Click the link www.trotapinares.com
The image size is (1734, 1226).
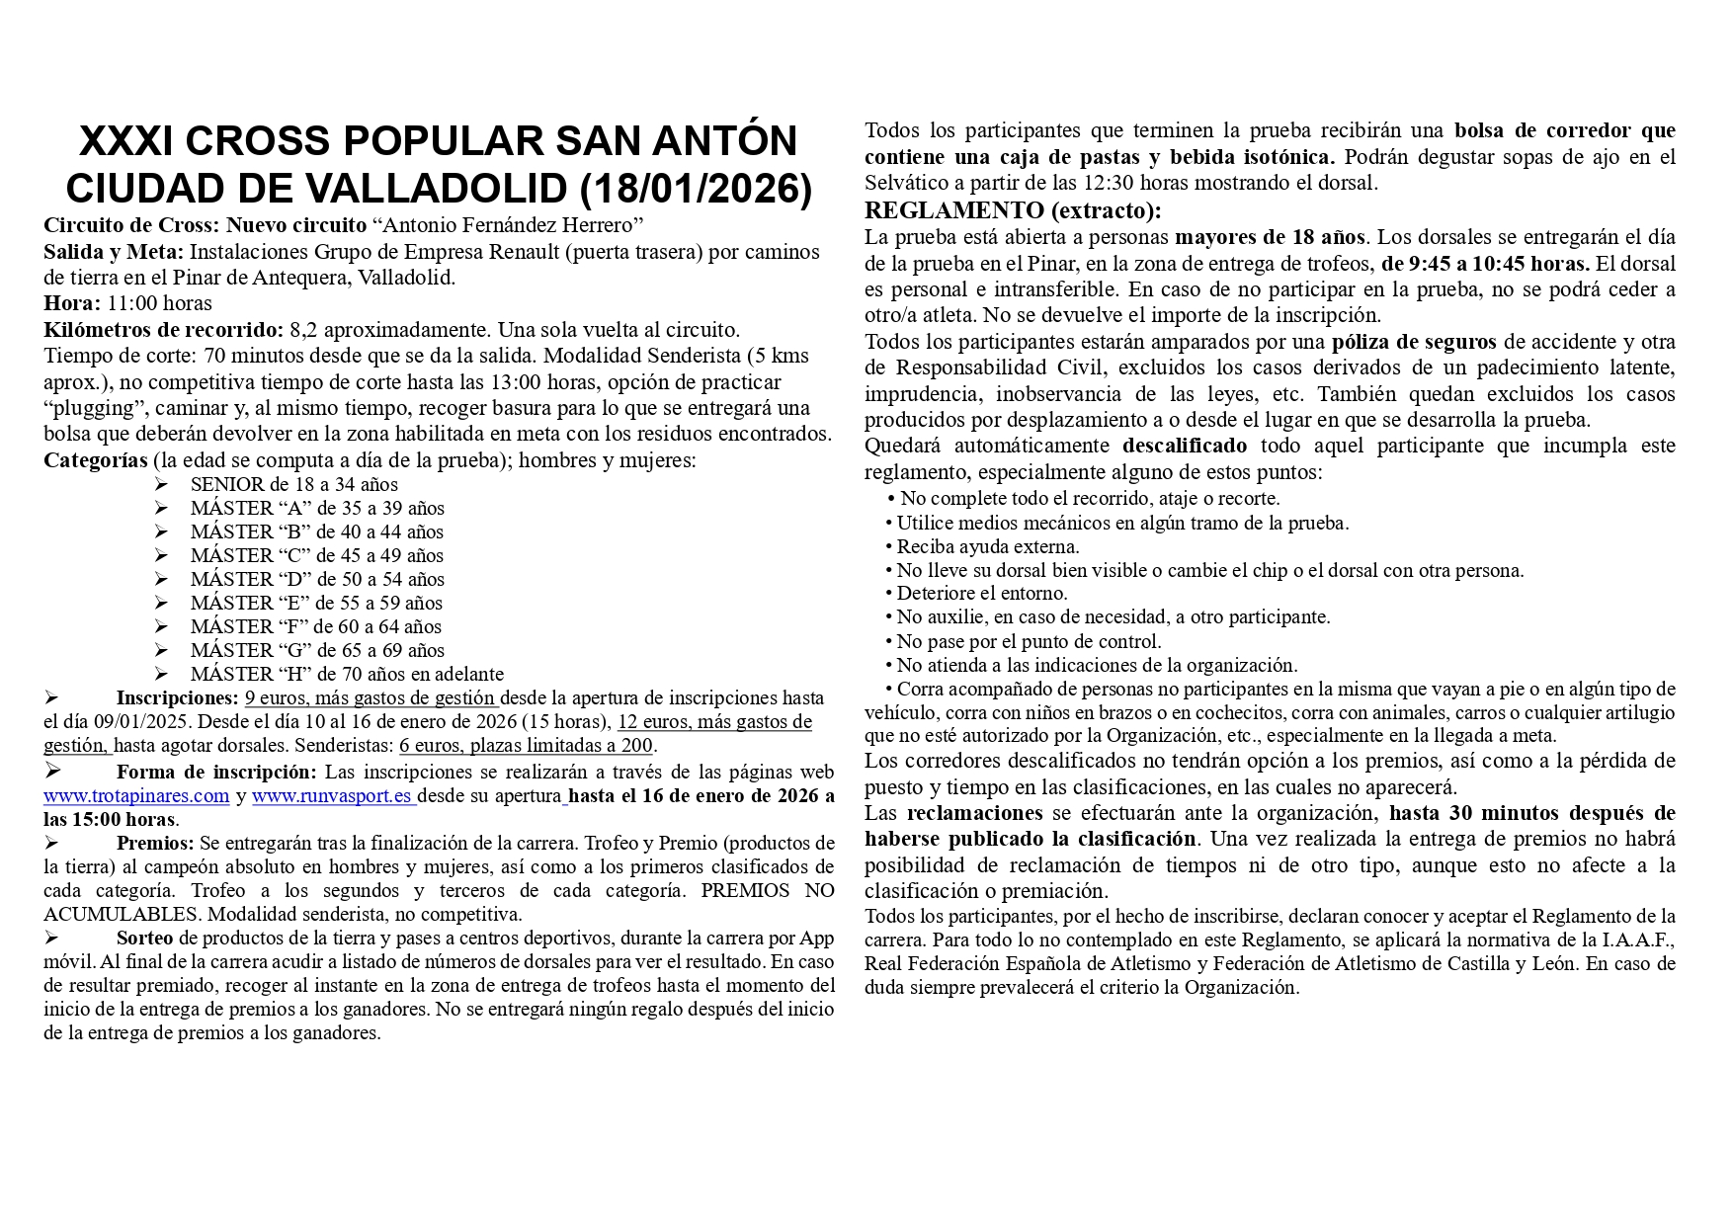(136, 795)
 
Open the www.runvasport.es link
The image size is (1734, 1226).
(332, 795)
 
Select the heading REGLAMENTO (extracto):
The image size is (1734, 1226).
(1013, 210)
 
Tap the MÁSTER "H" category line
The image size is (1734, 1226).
(347, 674)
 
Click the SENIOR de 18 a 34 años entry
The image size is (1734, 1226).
(293, 484)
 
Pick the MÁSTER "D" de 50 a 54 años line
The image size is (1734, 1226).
(317, 579)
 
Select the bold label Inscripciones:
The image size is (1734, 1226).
(177, 698)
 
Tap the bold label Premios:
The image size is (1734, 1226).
(155, 843)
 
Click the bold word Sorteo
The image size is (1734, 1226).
(144, 938)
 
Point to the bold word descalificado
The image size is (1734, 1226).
(1185, 446)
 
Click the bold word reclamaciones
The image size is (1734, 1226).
(974, 813)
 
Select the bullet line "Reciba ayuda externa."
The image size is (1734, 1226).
(987, 546)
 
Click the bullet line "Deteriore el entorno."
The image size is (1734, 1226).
(981, 594)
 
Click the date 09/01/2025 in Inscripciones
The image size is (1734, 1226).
(143, 721)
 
